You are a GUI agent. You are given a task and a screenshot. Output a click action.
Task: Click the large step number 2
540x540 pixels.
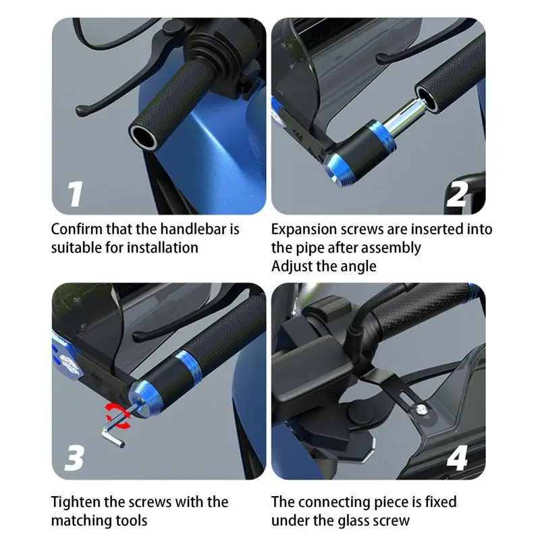coord(457,194)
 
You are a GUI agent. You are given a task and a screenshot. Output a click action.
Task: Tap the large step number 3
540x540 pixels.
coord(74,458)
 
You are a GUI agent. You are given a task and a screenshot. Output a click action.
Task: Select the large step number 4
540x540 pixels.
coord(458,458)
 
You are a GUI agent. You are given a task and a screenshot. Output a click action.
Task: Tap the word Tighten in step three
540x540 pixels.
coord(75,502)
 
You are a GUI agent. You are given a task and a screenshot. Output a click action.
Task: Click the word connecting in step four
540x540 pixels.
coord(330,502)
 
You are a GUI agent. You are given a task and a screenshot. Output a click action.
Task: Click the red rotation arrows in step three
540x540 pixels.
coord(119,416)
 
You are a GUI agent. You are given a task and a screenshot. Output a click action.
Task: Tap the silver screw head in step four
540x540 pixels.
coord(421,410)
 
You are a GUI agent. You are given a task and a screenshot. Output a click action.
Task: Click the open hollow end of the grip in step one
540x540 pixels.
coord(143,137)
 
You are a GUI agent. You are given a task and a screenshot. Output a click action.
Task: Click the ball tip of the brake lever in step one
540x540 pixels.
coord(81,110)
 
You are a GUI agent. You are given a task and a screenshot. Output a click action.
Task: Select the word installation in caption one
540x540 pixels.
coord(161,248)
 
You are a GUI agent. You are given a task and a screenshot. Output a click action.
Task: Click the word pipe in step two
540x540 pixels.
coord(310,248)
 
